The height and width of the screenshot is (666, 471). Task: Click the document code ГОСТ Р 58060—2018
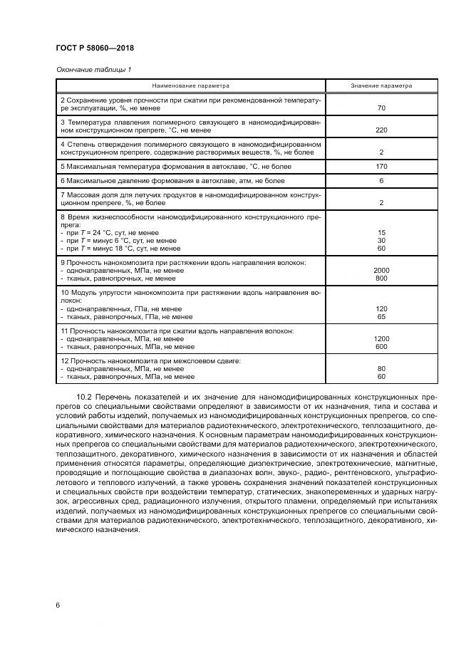pyautogui.click(x=95, y=48)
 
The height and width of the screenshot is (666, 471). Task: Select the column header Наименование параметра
pyautogui.click(x=190, y=85)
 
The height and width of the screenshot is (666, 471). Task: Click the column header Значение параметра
pyautogui.click(x=381, y=85)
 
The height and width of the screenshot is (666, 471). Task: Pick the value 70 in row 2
pyautogui.click(x=381, y=108)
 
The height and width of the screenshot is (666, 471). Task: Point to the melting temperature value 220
pyautogui.click(x=381, y=130)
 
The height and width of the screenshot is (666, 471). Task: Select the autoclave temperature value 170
pyautogui.click(x=381, y=167)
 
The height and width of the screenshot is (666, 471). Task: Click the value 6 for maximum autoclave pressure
pyautogui.click(x=381, y=181)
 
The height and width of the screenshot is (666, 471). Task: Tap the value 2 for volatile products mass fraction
pyautogui.click(x=381, y=203)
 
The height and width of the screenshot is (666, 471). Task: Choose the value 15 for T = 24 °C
pyautogui.click(x=381, y=233)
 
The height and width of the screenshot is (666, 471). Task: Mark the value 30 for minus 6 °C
pyautogui.click(x=381, y=241)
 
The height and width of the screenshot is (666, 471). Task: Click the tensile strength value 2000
pyautogui.click(x=381, y=271)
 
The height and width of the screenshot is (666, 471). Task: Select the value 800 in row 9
pyautogui.click(x=381, y=279)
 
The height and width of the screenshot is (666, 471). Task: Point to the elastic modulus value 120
pyautogui.click(x=381, y=309)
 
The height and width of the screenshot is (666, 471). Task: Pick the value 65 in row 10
pyautogui.click(x=381, y=317)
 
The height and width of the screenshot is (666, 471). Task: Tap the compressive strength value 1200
pyautogui.click(x=381, y=339)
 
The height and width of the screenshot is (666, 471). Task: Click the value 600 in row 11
pyautogui.click(x=381, y=347)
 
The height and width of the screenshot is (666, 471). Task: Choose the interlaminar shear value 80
pyautogui.click(x=381, y=369)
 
